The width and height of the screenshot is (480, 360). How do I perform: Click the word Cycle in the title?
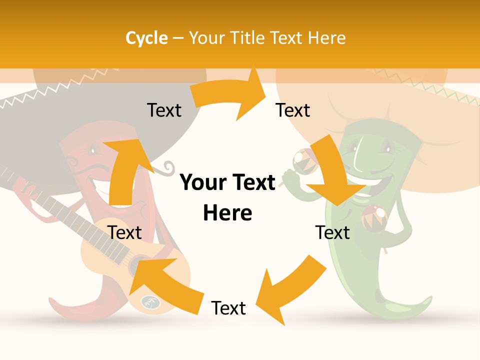[x=146, y=38]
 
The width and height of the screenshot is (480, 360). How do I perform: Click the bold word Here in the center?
[x=227, y=213]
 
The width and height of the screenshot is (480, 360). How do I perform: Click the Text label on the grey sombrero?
[x=164, y=110]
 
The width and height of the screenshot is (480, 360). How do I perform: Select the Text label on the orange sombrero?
[x=293, y=110]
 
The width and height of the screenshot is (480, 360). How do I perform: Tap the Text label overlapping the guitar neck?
[x=124, y=232]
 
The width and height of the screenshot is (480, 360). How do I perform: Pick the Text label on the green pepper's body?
[x=332, y=232]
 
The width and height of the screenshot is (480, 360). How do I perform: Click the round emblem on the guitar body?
[x=148, y=302]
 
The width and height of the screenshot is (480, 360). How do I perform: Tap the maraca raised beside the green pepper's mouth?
[x=300, y=159]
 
